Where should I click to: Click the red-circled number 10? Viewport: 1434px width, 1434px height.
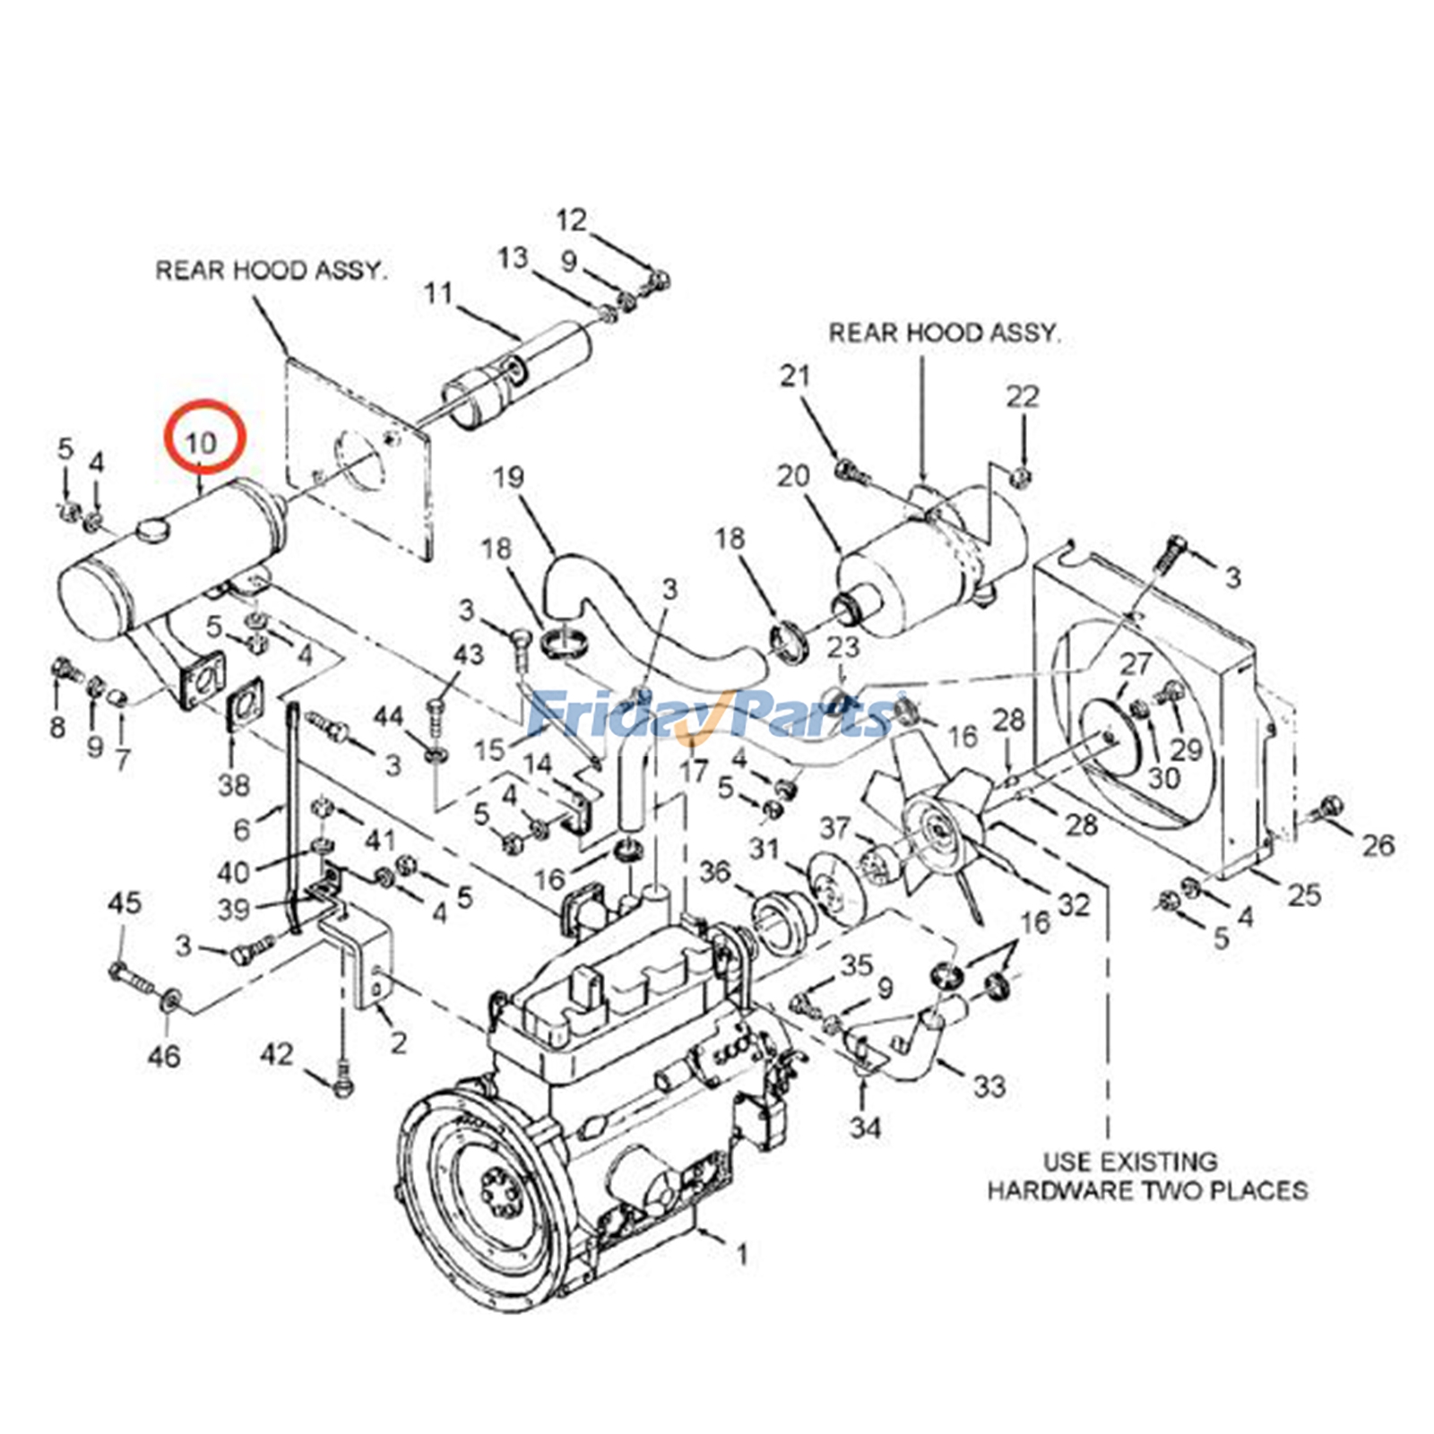203,442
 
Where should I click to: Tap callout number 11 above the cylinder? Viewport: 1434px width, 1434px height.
438,293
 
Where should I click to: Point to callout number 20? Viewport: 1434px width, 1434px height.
793,476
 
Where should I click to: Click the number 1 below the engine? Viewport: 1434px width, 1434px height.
742,1255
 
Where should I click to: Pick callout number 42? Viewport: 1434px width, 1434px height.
276,1054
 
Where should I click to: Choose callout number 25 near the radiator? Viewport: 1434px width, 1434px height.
1305,894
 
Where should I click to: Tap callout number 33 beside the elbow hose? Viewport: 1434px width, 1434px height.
989,1086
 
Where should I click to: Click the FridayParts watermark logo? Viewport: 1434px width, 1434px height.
708,714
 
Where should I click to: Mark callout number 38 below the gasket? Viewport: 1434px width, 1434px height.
234,785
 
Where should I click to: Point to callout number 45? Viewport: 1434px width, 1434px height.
125,903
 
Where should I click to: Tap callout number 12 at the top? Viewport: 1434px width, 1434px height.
571,220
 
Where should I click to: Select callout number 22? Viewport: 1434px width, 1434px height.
1023,396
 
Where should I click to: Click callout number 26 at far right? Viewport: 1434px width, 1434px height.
1378,844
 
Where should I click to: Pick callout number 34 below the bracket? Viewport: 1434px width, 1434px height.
865,1127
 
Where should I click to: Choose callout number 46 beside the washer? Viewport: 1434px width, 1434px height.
164,1056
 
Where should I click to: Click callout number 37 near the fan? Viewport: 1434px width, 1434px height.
834,828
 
